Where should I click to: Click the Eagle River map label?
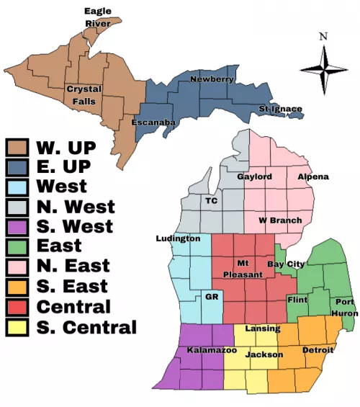click(97, 17)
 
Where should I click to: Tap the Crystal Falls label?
click(84, 95)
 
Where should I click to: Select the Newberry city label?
click(212, 79)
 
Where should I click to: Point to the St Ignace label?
click(280, 109)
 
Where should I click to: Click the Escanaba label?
click(153, 123)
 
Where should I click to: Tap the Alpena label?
click(312, 176)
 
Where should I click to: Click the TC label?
click(212, 200)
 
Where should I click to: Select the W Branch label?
click(280, 220)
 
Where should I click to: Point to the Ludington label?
click(178, 238)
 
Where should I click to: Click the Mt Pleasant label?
click(243, 268)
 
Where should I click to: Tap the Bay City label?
click(286, 264)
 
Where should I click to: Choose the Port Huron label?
click(343, 308)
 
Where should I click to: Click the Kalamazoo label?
click(212, 350)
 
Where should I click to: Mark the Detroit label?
click(318, 350)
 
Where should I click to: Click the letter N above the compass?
click(323, 37)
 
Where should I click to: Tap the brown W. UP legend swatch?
click(17, 148)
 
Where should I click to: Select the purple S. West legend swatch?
click(17, 227)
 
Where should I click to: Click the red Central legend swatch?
click(17, 306)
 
